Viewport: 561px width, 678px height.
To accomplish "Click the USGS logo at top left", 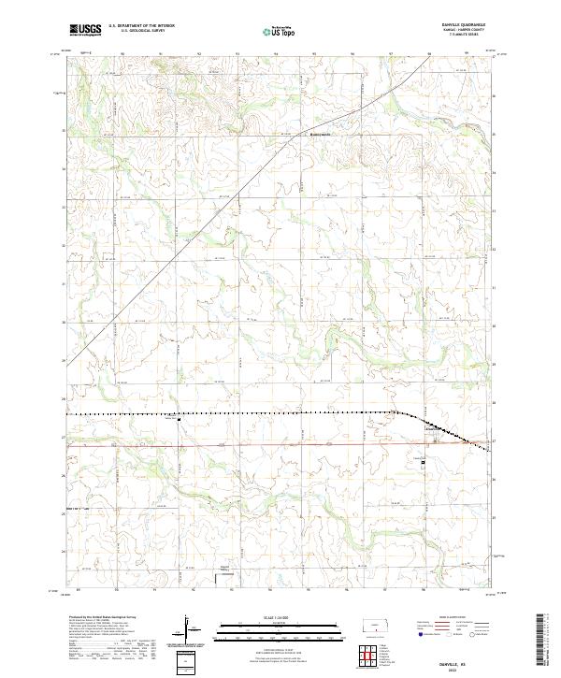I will point(85,31).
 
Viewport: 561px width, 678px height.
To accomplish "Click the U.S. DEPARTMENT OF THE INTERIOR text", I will point(142,26).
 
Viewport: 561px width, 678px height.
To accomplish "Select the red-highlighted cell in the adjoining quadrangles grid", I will point(373,651).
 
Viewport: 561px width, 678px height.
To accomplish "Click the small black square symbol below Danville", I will point(423,459).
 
